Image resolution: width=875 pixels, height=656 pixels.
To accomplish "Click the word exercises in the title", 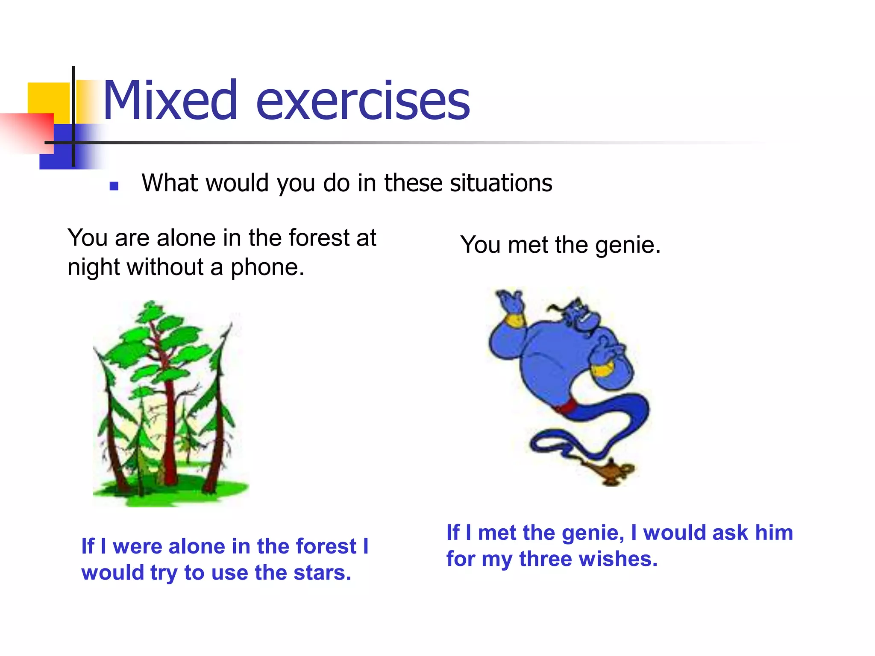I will (x=363, y=102).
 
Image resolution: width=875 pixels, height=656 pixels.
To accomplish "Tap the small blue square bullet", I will (x=114, y=186).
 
